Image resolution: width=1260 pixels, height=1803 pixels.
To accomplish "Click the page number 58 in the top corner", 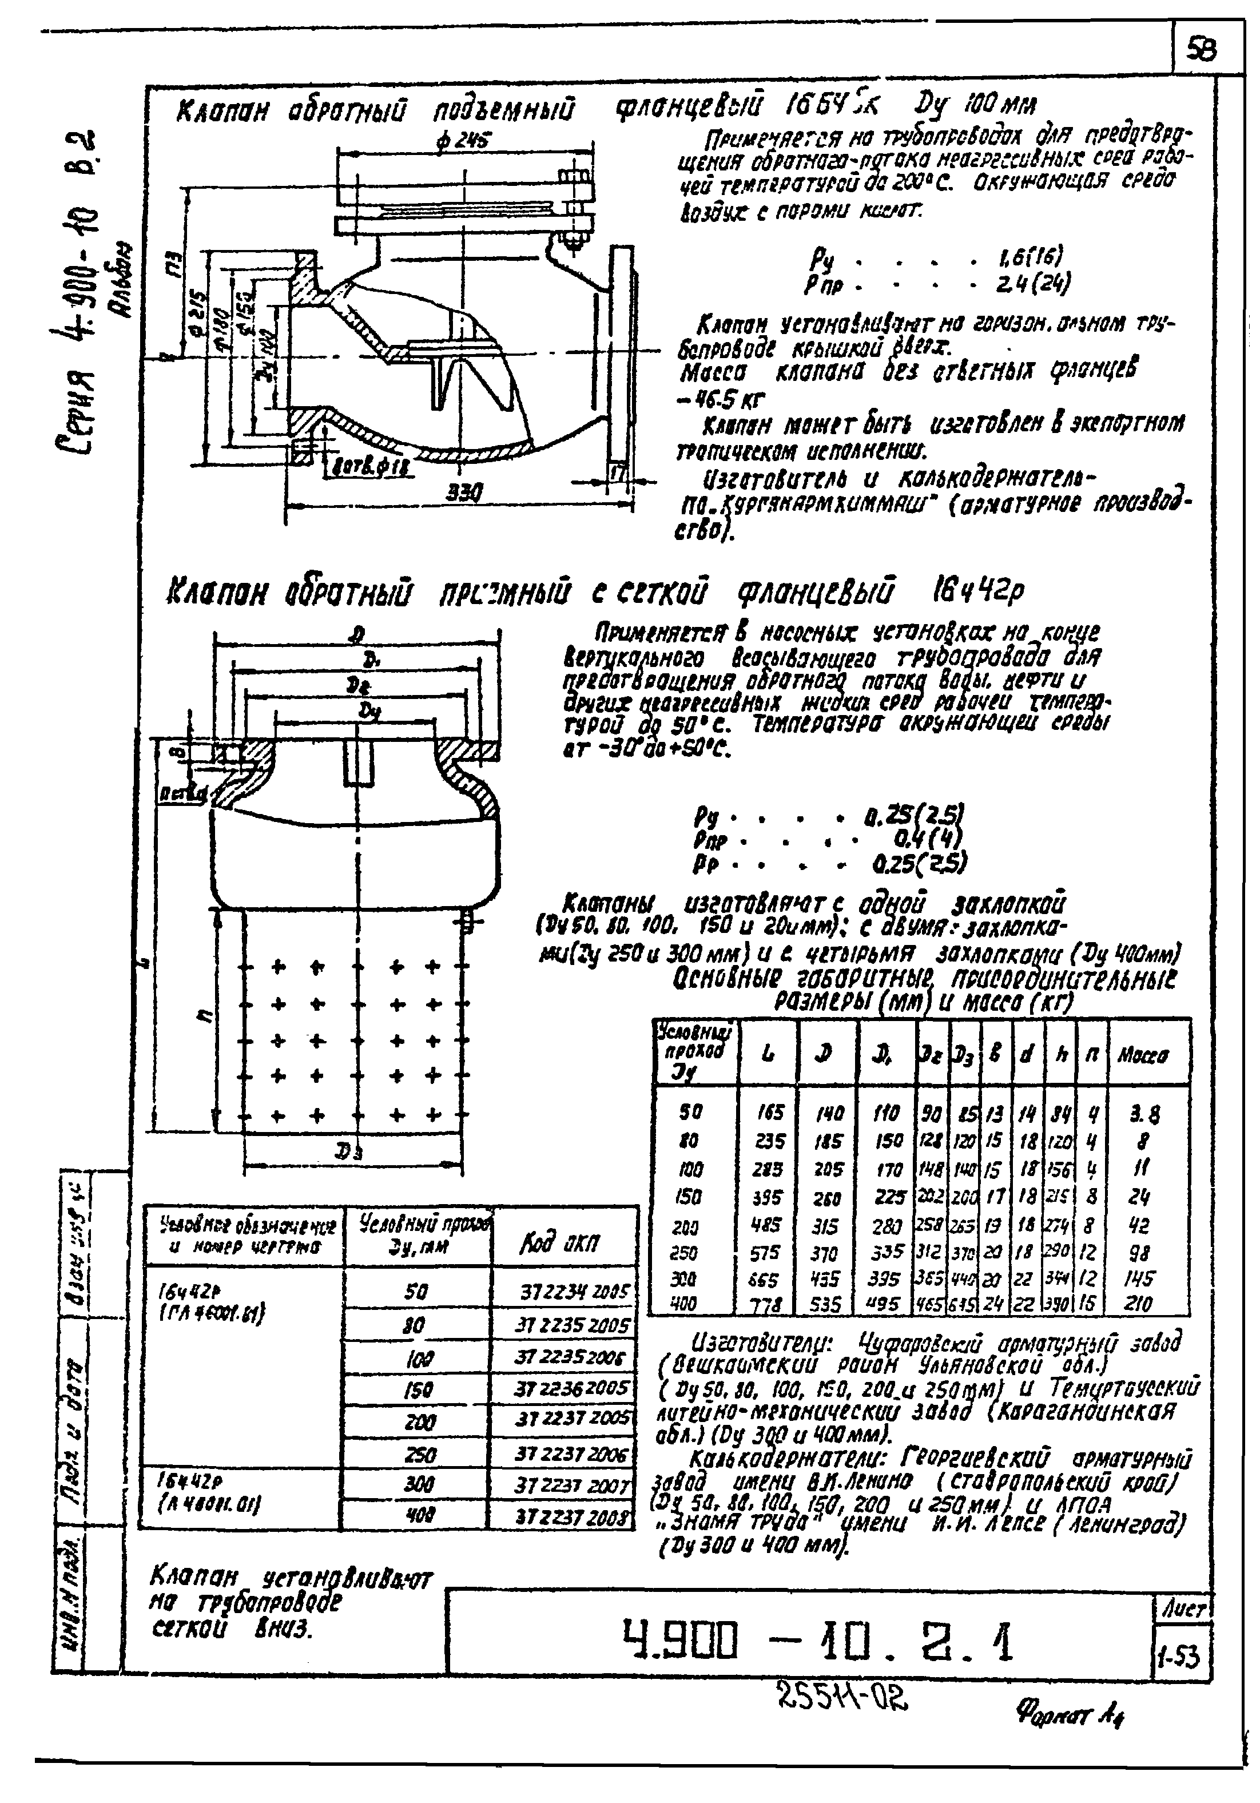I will click(1202, 51).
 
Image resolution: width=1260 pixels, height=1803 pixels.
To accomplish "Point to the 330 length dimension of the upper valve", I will click(463, 493).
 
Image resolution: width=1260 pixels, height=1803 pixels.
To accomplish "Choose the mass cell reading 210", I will click(1137, 1304).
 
